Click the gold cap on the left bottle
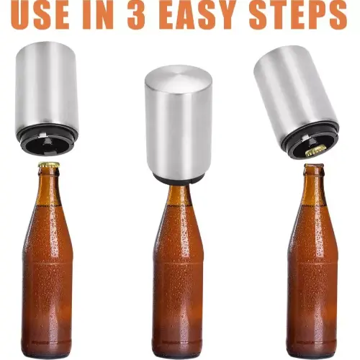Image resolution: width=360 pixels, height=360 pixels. tap(49, 166)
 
